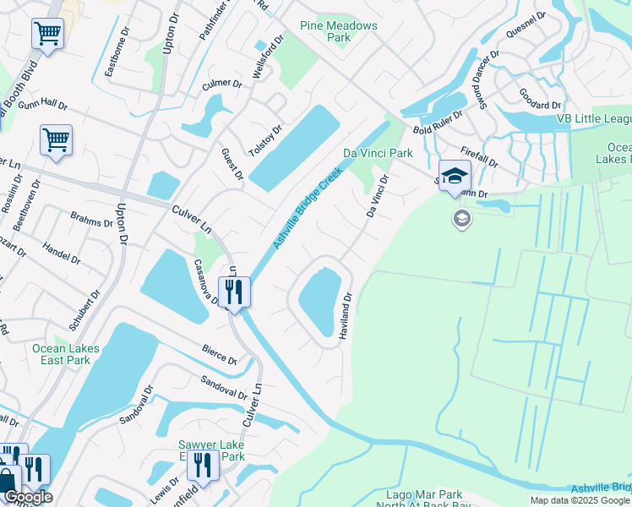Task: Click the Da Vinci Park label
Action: click(x=378, y=153)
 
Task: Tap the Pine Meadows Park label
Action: click(x=339, y=31)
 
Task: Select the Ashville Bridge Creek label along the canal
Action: click(x=307, y=208)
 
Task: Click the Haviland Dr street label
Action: click(x=346, y=316)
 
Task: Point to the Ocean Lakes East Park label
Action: click(x=66, y=354)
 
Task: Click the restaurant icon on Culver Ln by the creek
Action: click(x=233, y=292)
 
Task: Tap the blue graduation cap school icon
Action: click(x=455, y=176)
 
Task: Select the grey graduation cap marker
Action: click(x=461, y=220)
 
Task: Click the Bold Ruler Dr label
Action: click(x=438, y=123)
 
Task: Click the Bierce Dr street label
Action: click(x=219, y=352)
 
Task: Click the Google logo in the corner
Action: click(x=27, y=497)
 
